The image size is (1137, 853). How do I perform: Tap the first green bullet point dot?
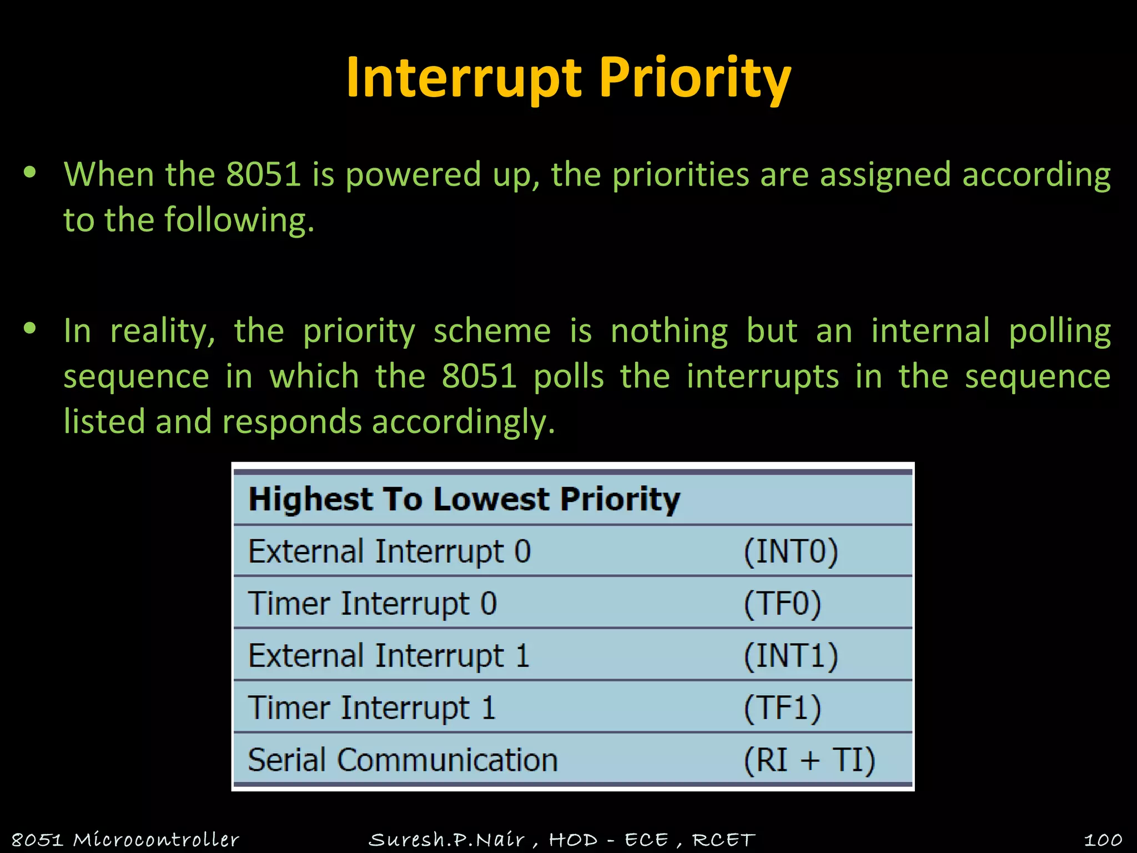click(x=30, y=173)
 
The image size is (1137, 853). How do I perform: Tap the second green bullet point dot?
click(x=30, y=329)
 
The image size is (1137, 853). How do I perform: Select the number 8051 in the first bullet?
click(x=263, y=174)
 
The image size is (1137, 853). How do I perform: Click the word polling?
click(x=1059, y=332)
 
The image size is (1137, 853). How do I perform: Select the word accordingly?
click(x=463, y=422)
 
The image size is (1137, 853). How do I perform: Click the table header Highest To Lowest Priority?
click(x=464, y=499)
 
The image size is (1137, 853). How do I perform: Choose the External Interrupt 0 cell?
click(x=389, y=551)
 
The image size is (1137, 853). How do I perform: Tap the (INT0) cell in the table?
click(x=791, y=551)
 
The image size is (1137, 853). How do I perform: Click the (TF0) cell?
click(x=782, y=604)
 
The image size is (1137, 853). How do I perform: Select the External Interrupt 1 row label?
click(x=389, y=656)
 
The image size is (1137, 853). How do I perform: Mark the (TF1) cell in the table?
click(x=782, y=708)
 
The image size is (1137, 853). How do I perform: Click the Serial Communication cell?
click(x=403, y=760)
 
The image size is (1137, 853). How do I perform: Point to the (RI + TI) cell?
click(x=809, y=760)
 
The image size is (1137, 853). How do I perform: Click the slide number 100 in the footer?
click(x=1103, y=840)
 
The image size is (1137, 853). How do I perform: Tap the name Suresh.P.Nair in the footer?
click(x=446, y=840)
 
